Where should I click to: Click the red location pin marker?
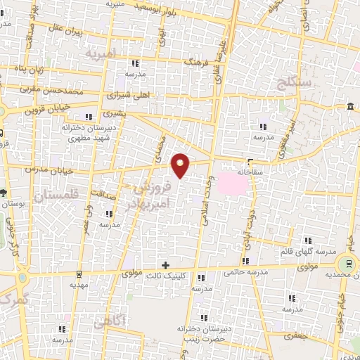tap(181, 165)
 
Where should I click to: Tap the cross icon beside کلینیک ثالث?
tap(165, 265)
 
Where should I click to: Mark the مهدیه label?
tap(79, 285)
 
